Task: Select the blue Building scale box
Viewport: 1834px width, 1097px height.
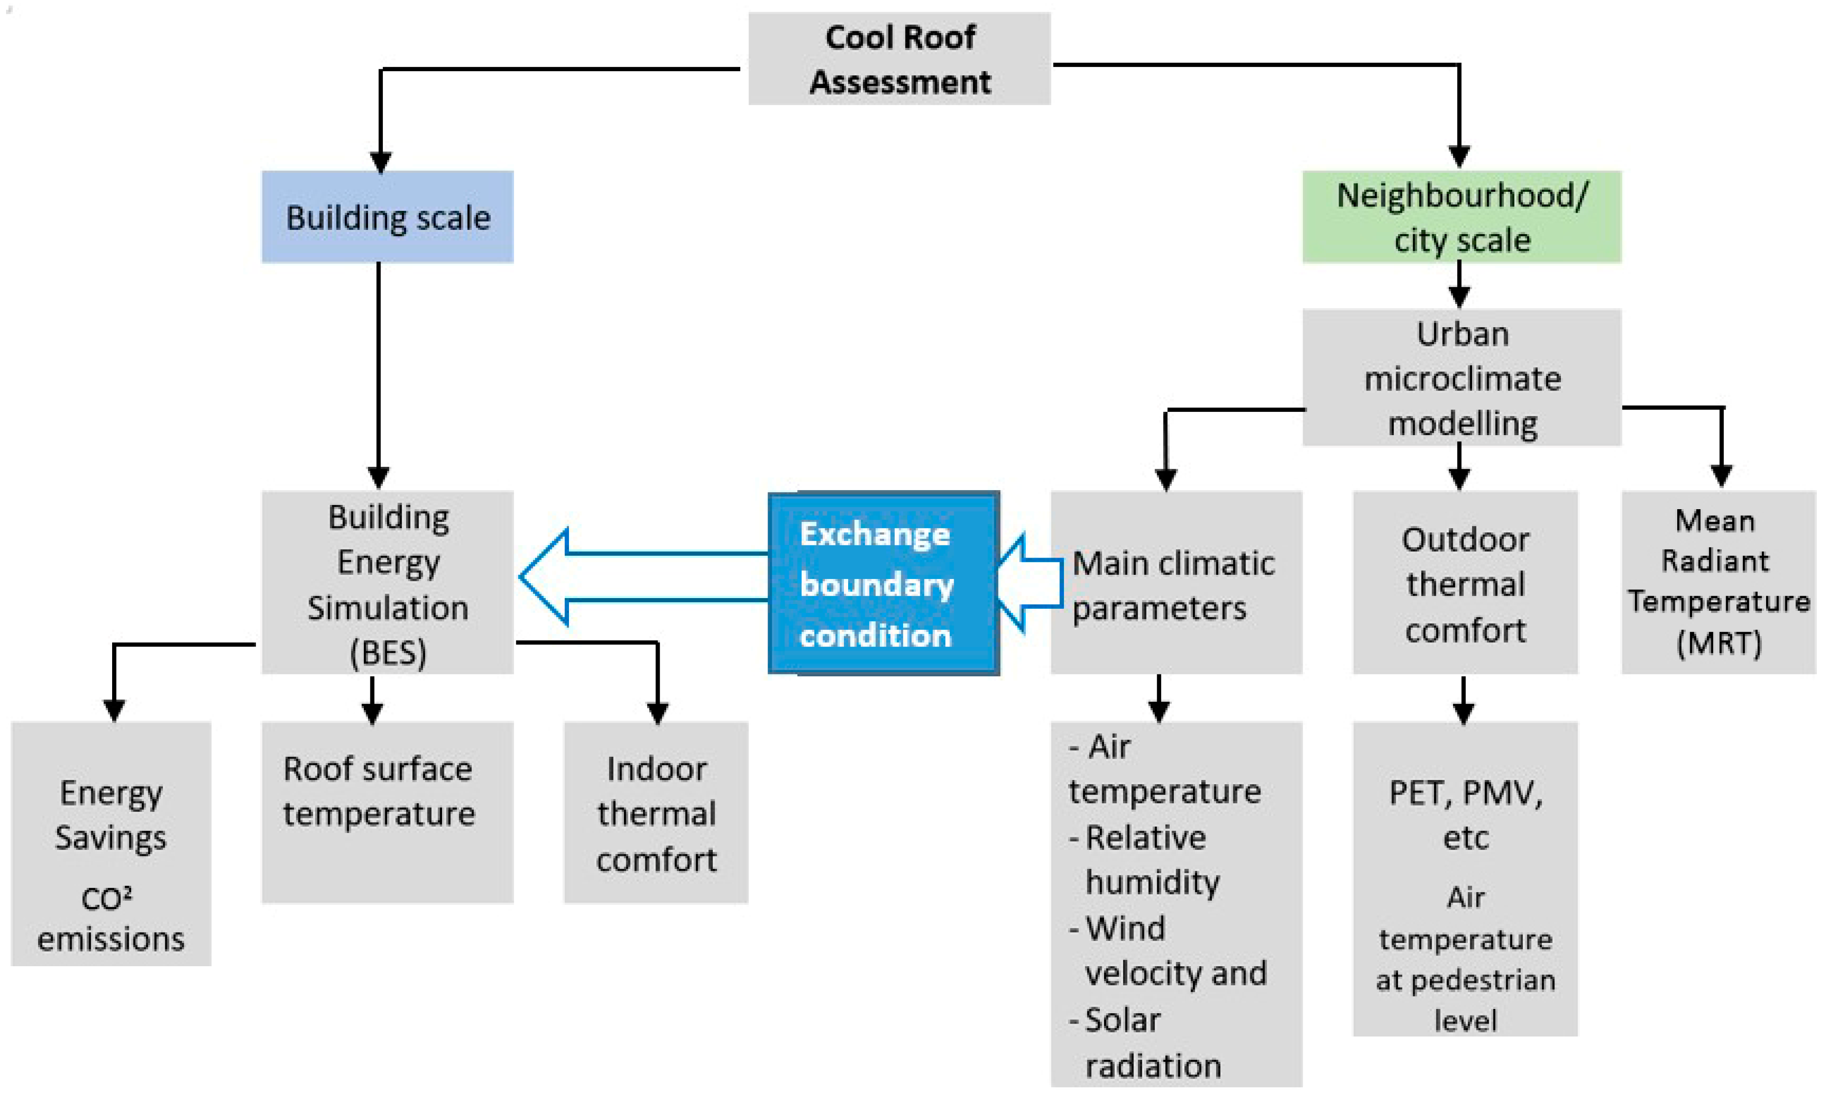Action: pyautogui.click(x=387, y=216)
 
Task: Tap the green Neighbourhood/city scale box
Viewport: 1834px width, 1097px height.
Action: pyautogui.click(x=1462, y=216)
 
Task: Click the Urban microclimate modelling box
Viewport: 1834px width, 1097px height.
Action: pyautogui.click(x=1462, y=377)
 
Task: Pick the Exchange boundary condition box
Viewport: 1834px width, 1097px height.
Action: pyautogui.click(x=884, y=583)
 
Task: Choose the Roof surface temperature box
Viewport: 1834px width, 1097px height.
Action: pyautogui.click(x=387, y=813)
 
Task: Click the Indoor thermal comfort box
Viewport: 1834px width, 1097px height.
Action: pyautogui.click(x=656, y=813)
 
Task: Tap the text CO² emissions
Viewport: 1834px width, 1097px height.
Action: pyautogui.click(x=111, y=919)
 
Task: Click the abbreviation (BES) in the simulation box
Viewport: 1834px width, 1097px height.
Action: pyautogui.click(x=388, y=653)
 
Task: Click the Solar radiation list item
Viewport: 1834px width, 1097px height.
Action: pyautogui.click(x=1145, y=1042)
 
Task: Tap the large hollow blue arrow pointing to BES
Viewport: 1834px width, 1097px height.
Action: pyautogui.click(x=643, y=577)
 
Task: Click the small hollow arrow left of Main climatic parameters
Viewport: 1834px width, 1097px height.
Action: pyautogui.click(x=1029, y=583)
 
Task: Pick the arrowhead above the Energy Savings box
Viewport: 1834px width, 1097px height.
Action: pyautogui.click(x=114, y=710)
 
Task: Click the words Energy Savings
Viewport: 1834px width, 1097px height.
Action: pyautogui.click(x=111, y=815)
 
